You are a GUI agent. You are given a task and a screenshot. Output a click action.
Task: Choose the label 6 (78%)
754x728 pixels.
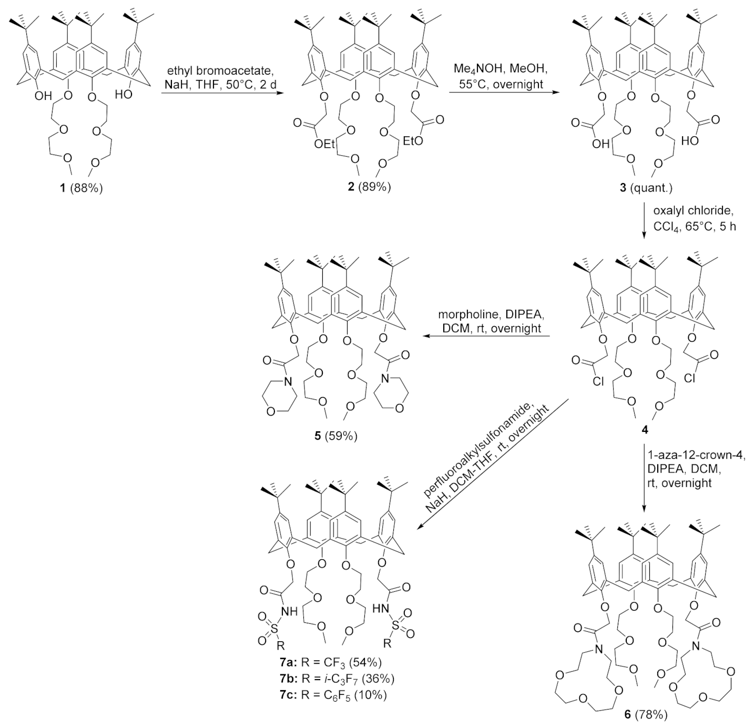coord(645,714)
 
